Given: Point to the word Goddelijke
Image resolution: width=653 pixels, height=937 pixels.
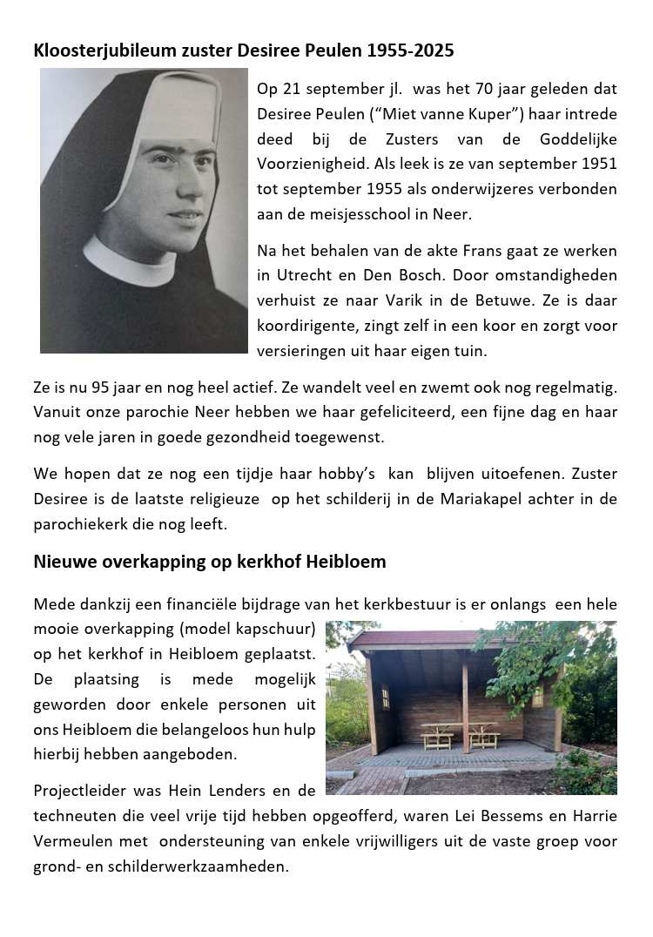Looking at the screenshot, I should (576, 139).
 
